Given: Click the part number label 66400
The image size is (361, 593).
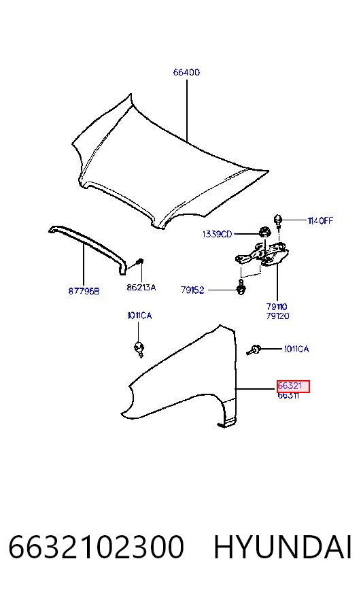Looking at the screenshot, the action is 186,72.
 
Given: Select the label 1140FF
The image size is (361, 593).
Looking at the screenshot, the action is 320,220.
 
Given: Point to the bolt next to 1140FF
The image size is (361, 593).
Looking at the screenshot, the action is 278,220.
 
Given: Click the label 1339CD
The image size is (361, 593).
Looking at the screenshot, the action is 217,235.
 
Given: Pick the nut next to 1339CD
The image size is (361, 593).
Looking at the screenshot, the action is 264,232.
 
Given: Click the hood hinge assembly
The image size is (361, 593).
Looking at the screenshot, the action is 262,255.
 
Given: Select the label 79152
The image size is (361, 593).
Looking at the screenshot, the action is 192,290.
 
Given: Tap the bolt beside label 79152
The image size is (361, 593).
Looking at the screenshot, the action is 241,288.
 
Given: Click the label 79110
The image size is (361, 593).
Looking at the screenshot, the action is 277,307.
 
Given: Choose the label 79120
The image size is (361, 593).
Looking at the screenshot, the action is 277,316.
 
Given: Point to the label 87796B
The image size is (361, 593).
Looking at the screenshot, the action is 84,291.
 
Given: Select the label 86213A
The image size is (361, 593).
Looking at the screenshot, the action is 141,288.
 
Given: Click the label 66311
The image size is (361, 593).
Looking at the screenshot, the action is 288,396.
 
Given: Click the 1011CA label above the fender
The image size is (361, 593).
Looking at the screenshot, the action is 139,316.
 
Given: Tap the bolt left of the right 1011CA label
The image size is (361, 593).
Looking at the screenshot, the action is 254,350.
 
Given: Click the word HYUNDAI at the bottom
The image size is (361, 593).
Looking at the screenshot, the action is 283,547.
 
